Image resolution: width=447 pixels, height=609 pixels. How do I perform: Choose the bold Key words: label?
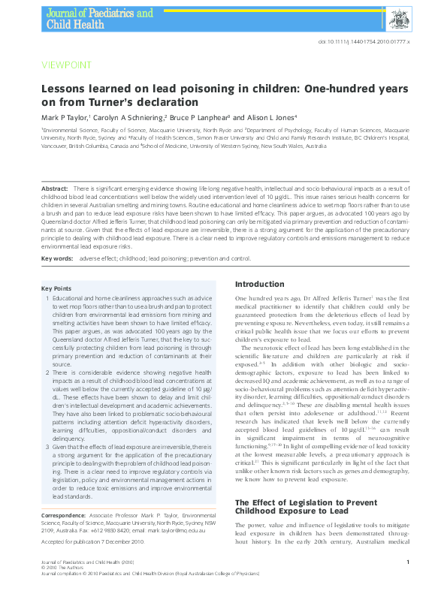(x=57, y=258)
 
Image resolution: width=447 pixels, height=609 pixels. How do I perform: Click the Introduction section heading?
(x=260, y=285)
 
